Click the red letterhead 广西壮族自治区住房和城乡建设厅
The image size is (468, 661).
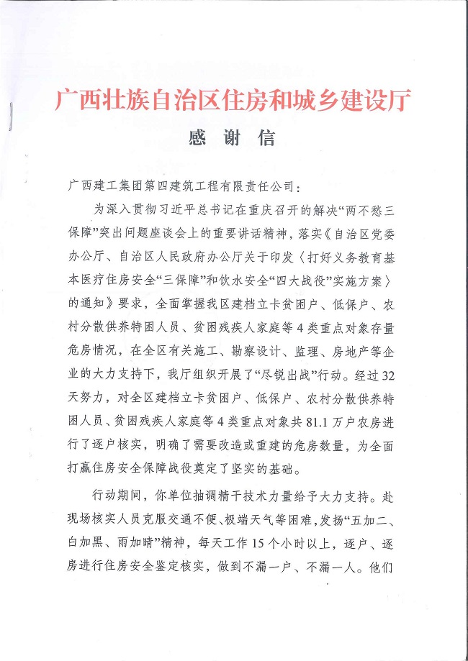coord(234,100)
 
